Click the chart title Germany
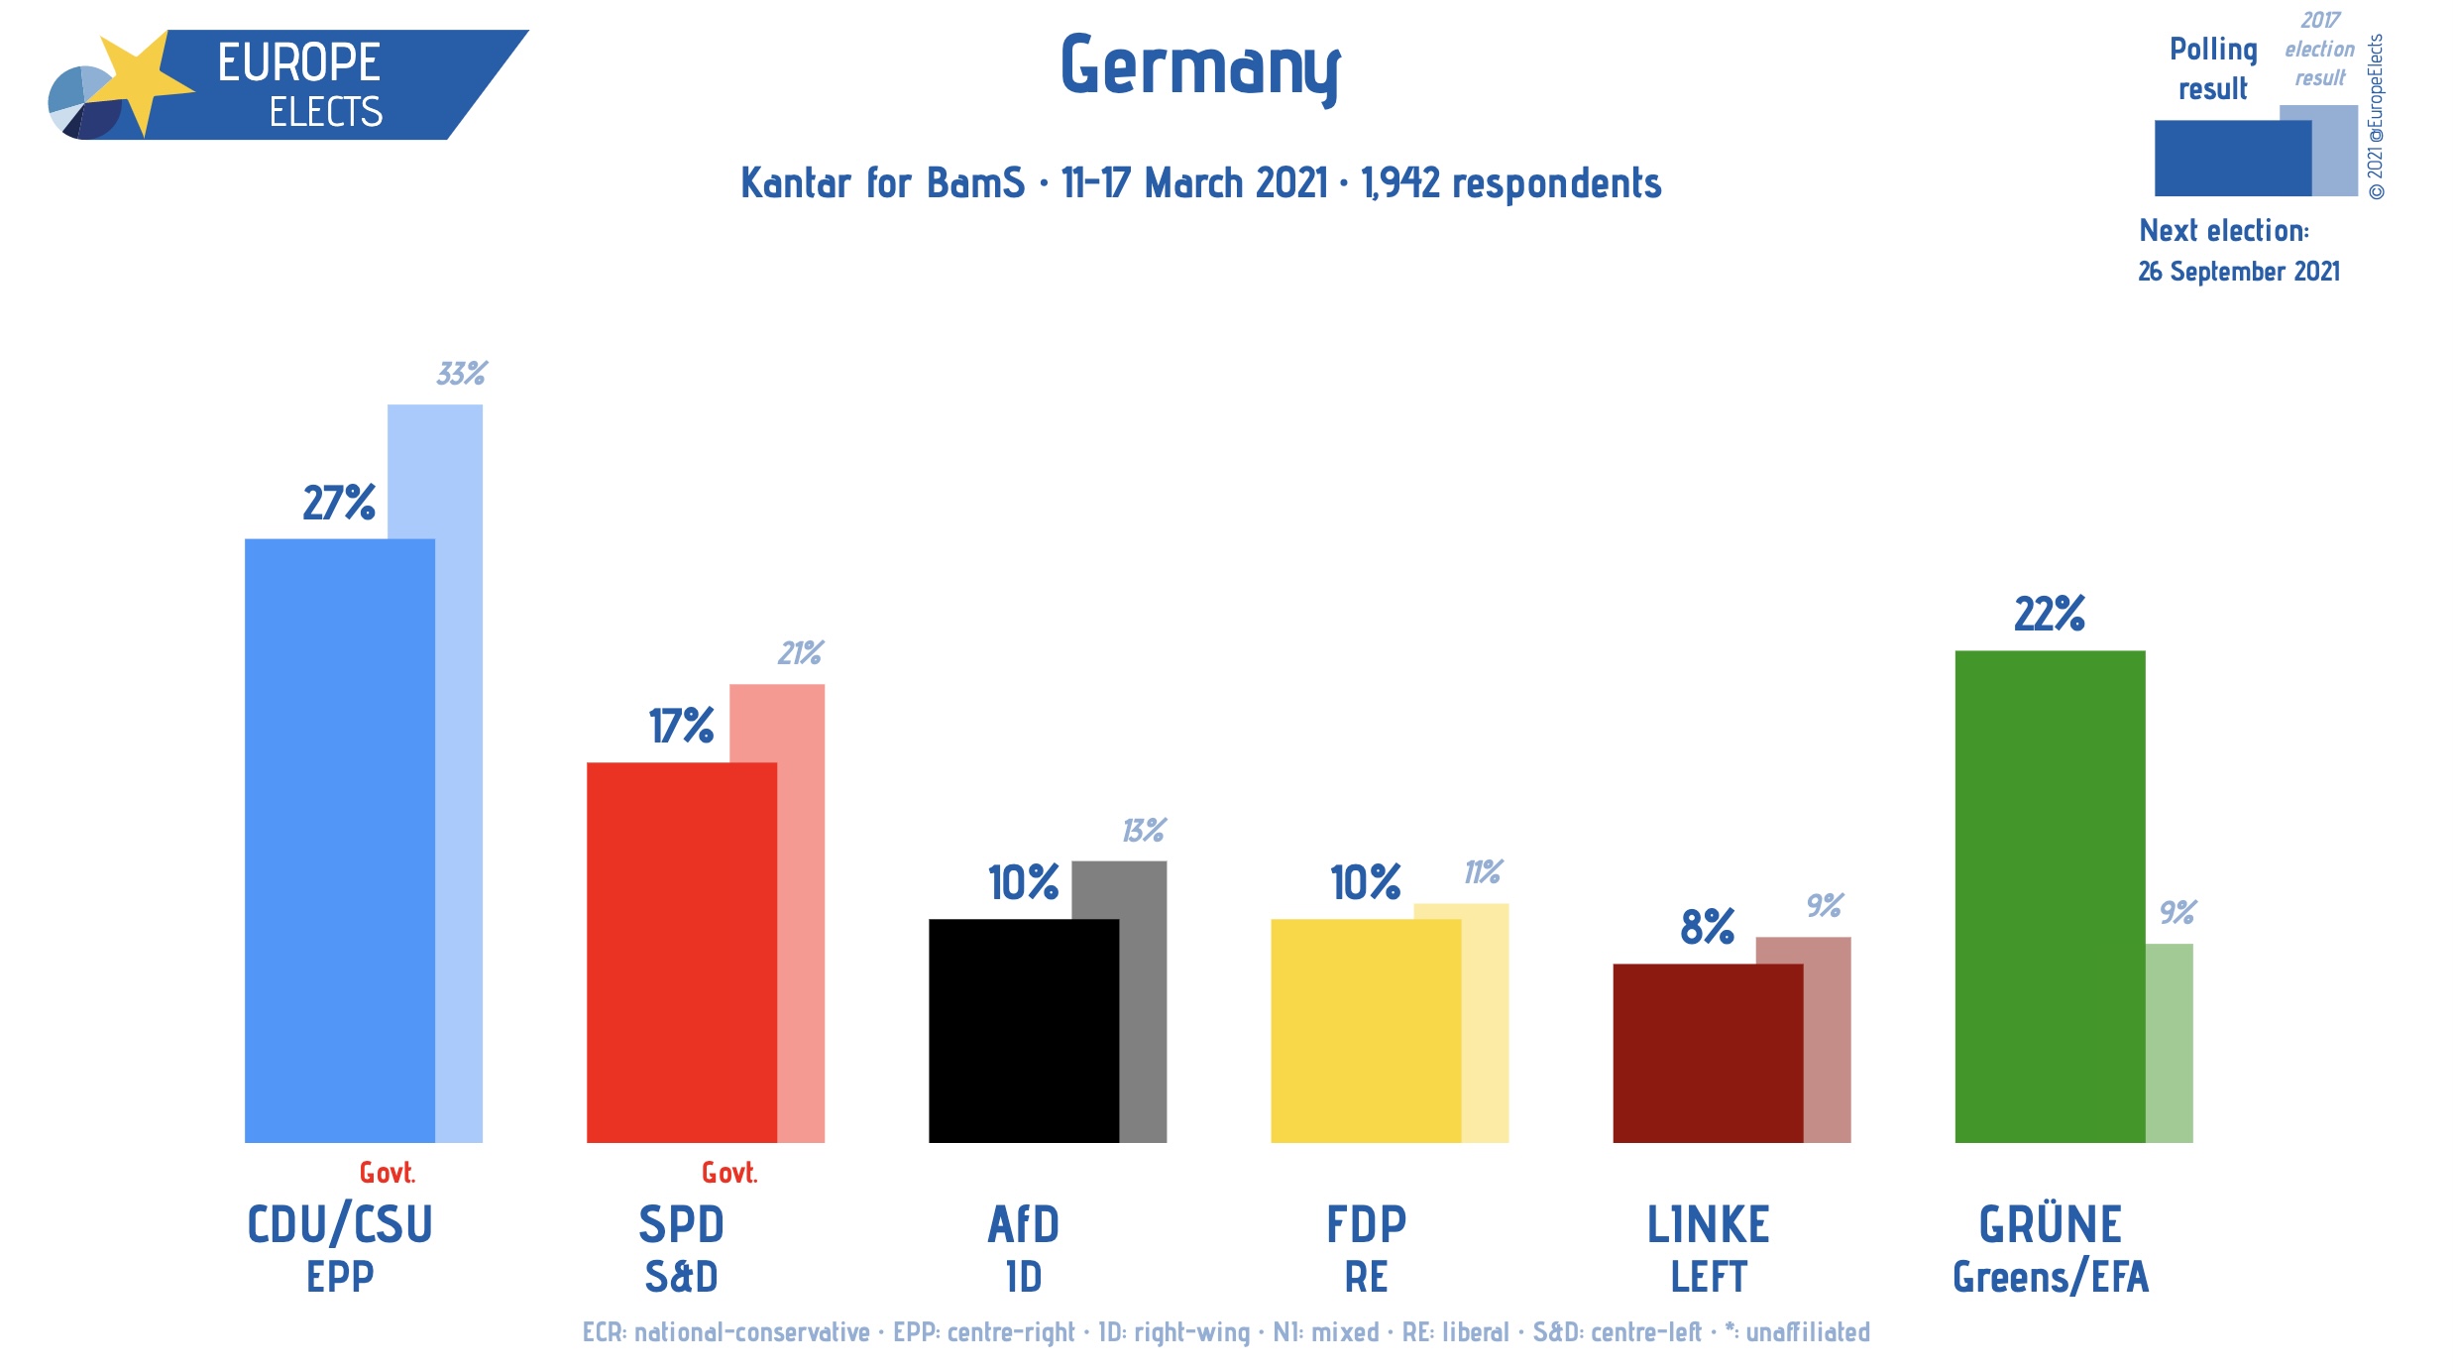tap(1199, 67)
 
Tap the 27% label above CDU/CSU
tap(339, 504)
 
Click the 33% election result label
tap(461, 374)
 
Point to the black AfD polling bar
tap(1023, 1031)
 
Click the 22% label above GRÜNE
tap(2049, 615)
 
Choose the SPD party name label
tap(681, 1225)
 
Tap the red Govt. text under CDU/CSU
tap(387, 1173)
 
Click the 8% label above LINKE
tap(1707, 928)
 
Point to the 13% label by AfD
tap(1143, 831)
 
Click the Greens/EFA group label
tap(2050, 1278)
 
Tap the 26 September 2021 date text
tap(2238, 272)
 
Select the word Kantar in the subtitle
tap(795, 184)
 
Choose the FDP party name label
tap(1366, 1225)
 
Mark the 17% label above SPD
tap(681, 727)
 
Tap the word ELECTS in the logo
tap(325, 112)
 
